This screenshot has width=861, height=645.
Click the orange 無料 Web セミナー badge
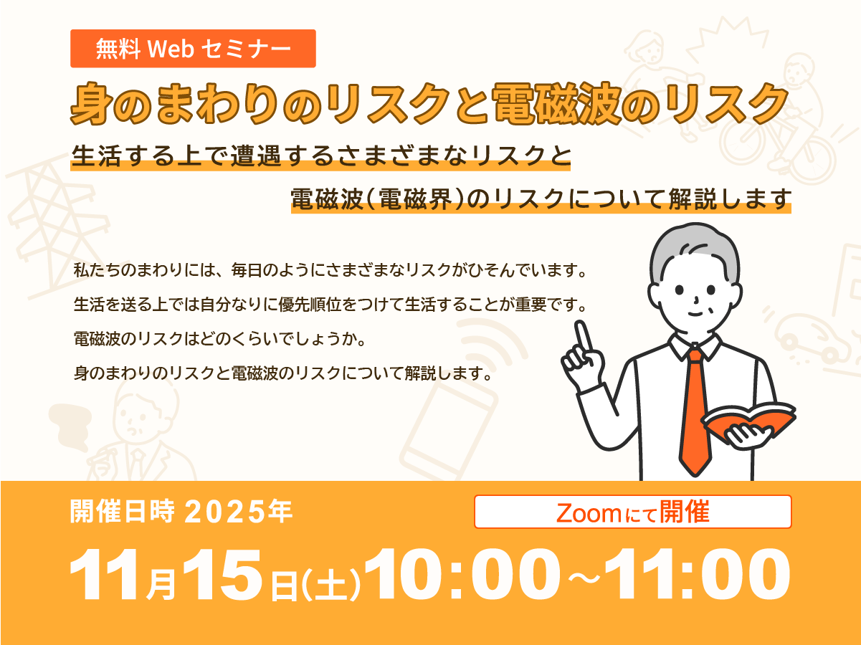193,49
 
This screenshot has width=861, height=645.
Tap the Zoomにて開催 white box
633,512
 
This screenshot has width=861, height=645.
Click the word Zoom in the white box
589,513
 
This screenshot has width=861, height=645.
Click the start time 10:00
462,574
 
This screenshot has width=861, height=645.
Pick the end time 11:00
697,574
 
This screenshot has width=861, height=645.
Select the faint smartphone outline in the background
448,431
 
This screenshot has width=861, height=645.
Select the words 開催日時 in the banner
122,512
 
